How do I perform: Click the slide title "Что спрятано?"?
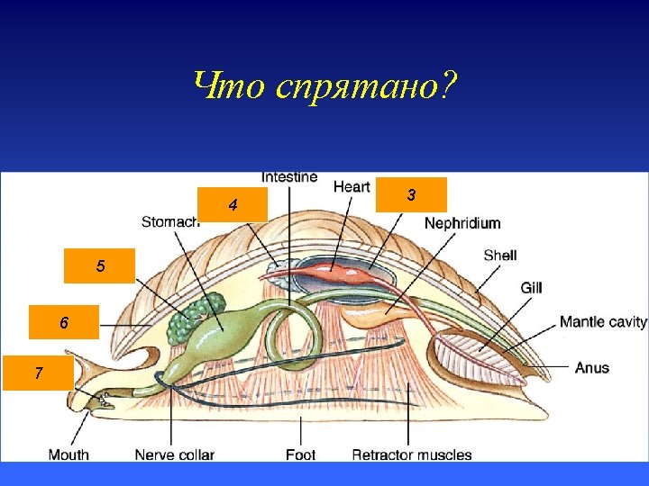point(324,86)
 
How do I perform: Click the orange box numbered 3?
point(411,194)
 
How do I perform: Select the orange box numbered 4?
point(233,205)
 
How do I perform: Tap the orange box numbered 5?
point(100,265)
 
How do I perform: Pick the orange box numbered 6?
point(63,321)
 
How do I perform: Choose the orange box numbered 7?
point(38,372)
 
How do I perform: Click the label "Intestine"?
point(289,177)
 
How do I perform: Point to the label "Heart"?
point(352,186)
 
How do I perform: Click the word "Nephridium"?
point(462,222)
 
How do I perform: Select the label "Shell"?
point(499,256)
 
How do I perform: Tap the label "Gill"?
point(531,287)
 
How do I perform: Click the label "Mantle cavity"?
point(603,321)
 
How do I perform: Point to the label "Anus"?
point(592,367)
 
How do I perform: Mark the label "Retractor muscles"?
point(411,454)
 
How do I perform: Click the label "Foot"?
point(300,454)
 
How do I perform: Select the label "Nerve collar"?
point(174,454)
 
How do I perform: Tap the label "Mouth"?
point(69,454)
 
